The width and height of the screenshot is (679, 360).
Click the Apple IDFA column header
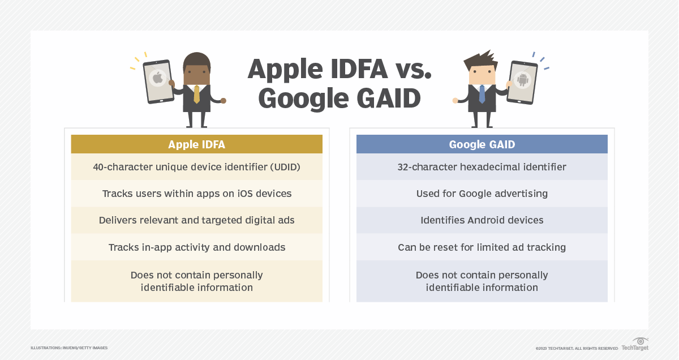click(196, 144)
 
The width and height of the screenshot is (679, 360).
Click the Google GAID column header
click(482, 144)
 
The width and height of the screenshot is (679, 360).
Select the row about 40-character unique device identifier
click(196, 167)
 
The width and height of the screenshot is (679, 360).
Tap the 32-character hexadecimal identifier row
click(482, 167)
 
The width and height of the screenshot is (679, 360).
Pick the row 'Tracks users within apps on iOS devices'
click(196, 194)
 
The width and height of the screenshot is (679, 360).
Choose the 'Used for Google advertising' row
click(482, 194)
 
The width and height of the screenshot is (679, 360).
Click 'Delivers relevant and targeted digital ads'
click(196, 220)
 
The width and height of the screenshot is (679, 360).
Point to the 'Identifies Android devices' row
click(482, 220)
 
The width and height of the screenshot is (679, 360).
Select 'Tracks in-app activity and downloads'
click(196, 247)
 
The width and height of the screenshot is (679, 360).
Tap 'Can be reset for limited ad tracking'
click(482, 247)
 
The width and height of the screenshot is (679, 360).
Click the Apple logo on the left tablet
click(157, 78)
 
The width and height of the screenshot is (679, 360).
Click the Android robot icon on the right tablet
click(522, 80)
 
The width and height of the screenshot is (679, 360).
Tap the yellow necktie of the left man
click(196, 94)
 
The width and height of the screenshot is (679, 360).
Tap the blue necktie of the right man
click(482, 94)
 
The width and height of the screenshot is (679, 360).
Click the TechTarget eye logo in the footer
click(641, 341)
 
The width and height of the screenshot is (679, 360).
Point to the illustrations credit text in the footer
click(69, 348)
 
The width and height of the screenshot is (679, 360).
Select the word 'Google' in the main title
click(302, 98)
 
